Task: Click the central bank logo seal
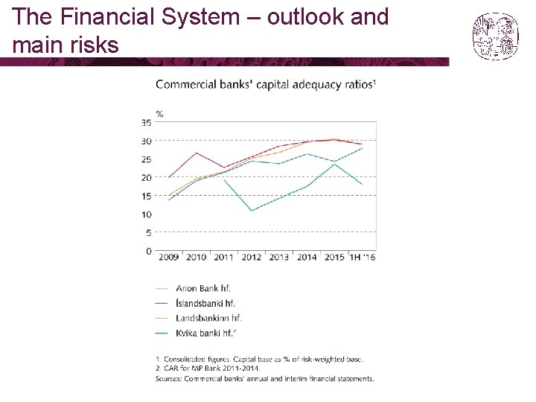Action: [495, 36]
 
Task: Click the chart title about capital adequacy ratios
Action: [266, 84]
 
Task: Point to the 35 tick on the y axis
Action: [147, 122]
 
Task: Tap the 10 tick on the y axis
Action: [147, 214]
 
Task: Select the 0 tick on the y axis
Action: [149, 252]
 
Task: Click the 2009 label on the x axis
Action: [168, 257]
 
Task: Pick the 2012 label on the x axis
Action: [252, 257]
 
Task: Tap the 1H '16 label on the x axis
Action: [362, 257]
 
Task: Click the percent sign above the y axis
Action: [159, 114]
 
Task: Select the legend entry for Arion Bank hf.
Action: [193, 289]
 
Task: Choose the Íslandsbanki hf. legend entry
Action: [195, 303]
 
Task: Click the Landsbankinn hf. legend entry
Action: [198, 319]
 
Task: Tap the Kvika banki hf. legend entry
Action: [196, 333]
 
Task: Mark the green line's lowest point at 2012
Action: [252, 211]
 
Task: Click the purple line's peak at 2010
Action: [197, 153]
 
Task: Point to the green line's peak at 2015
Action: [334, 164]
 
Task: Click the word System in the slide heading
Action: [200, 16]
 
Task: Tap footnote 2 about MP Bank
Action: [208, 368]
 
